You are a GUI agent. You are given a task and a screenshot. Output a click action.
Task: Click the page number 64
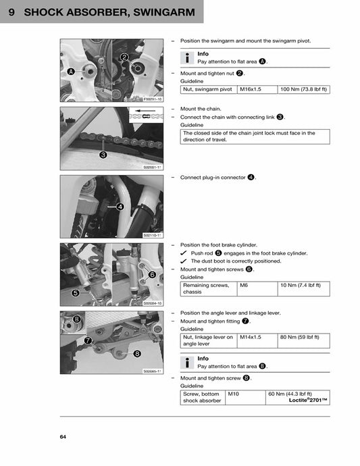click(63, 437)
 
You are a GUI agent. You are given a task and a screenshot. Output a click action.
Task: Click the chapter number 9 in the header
click(12, 13)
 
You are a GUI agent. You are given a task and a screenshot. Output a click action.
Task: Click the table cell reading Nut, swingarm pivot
click(205, 89)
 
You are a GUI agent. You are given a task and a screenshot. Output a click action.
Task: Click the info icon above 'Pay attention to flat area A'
click(188, 57)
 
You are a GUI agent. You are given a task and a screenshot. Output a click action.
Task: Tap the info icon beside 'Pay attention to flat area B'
click(188, 361)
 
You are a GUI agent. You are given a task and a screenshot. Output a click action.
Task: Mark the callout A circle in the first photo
click(71, 71)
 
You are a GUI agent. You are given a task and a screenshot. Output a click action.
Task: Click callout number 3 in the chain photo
click(103, 155)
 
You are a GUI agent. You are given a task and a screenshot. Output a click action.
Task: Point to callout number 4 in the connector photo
click(120, 207)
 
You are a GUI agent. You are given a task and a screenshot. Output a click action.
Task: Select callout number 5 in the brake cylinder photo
click(76, 293)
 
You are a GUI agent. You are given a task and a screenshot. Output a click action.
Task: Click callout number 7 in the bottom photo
click(88, 340)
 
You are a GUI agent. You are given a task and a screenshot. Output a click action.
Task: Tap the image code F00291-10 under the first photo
click(153, 99)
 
